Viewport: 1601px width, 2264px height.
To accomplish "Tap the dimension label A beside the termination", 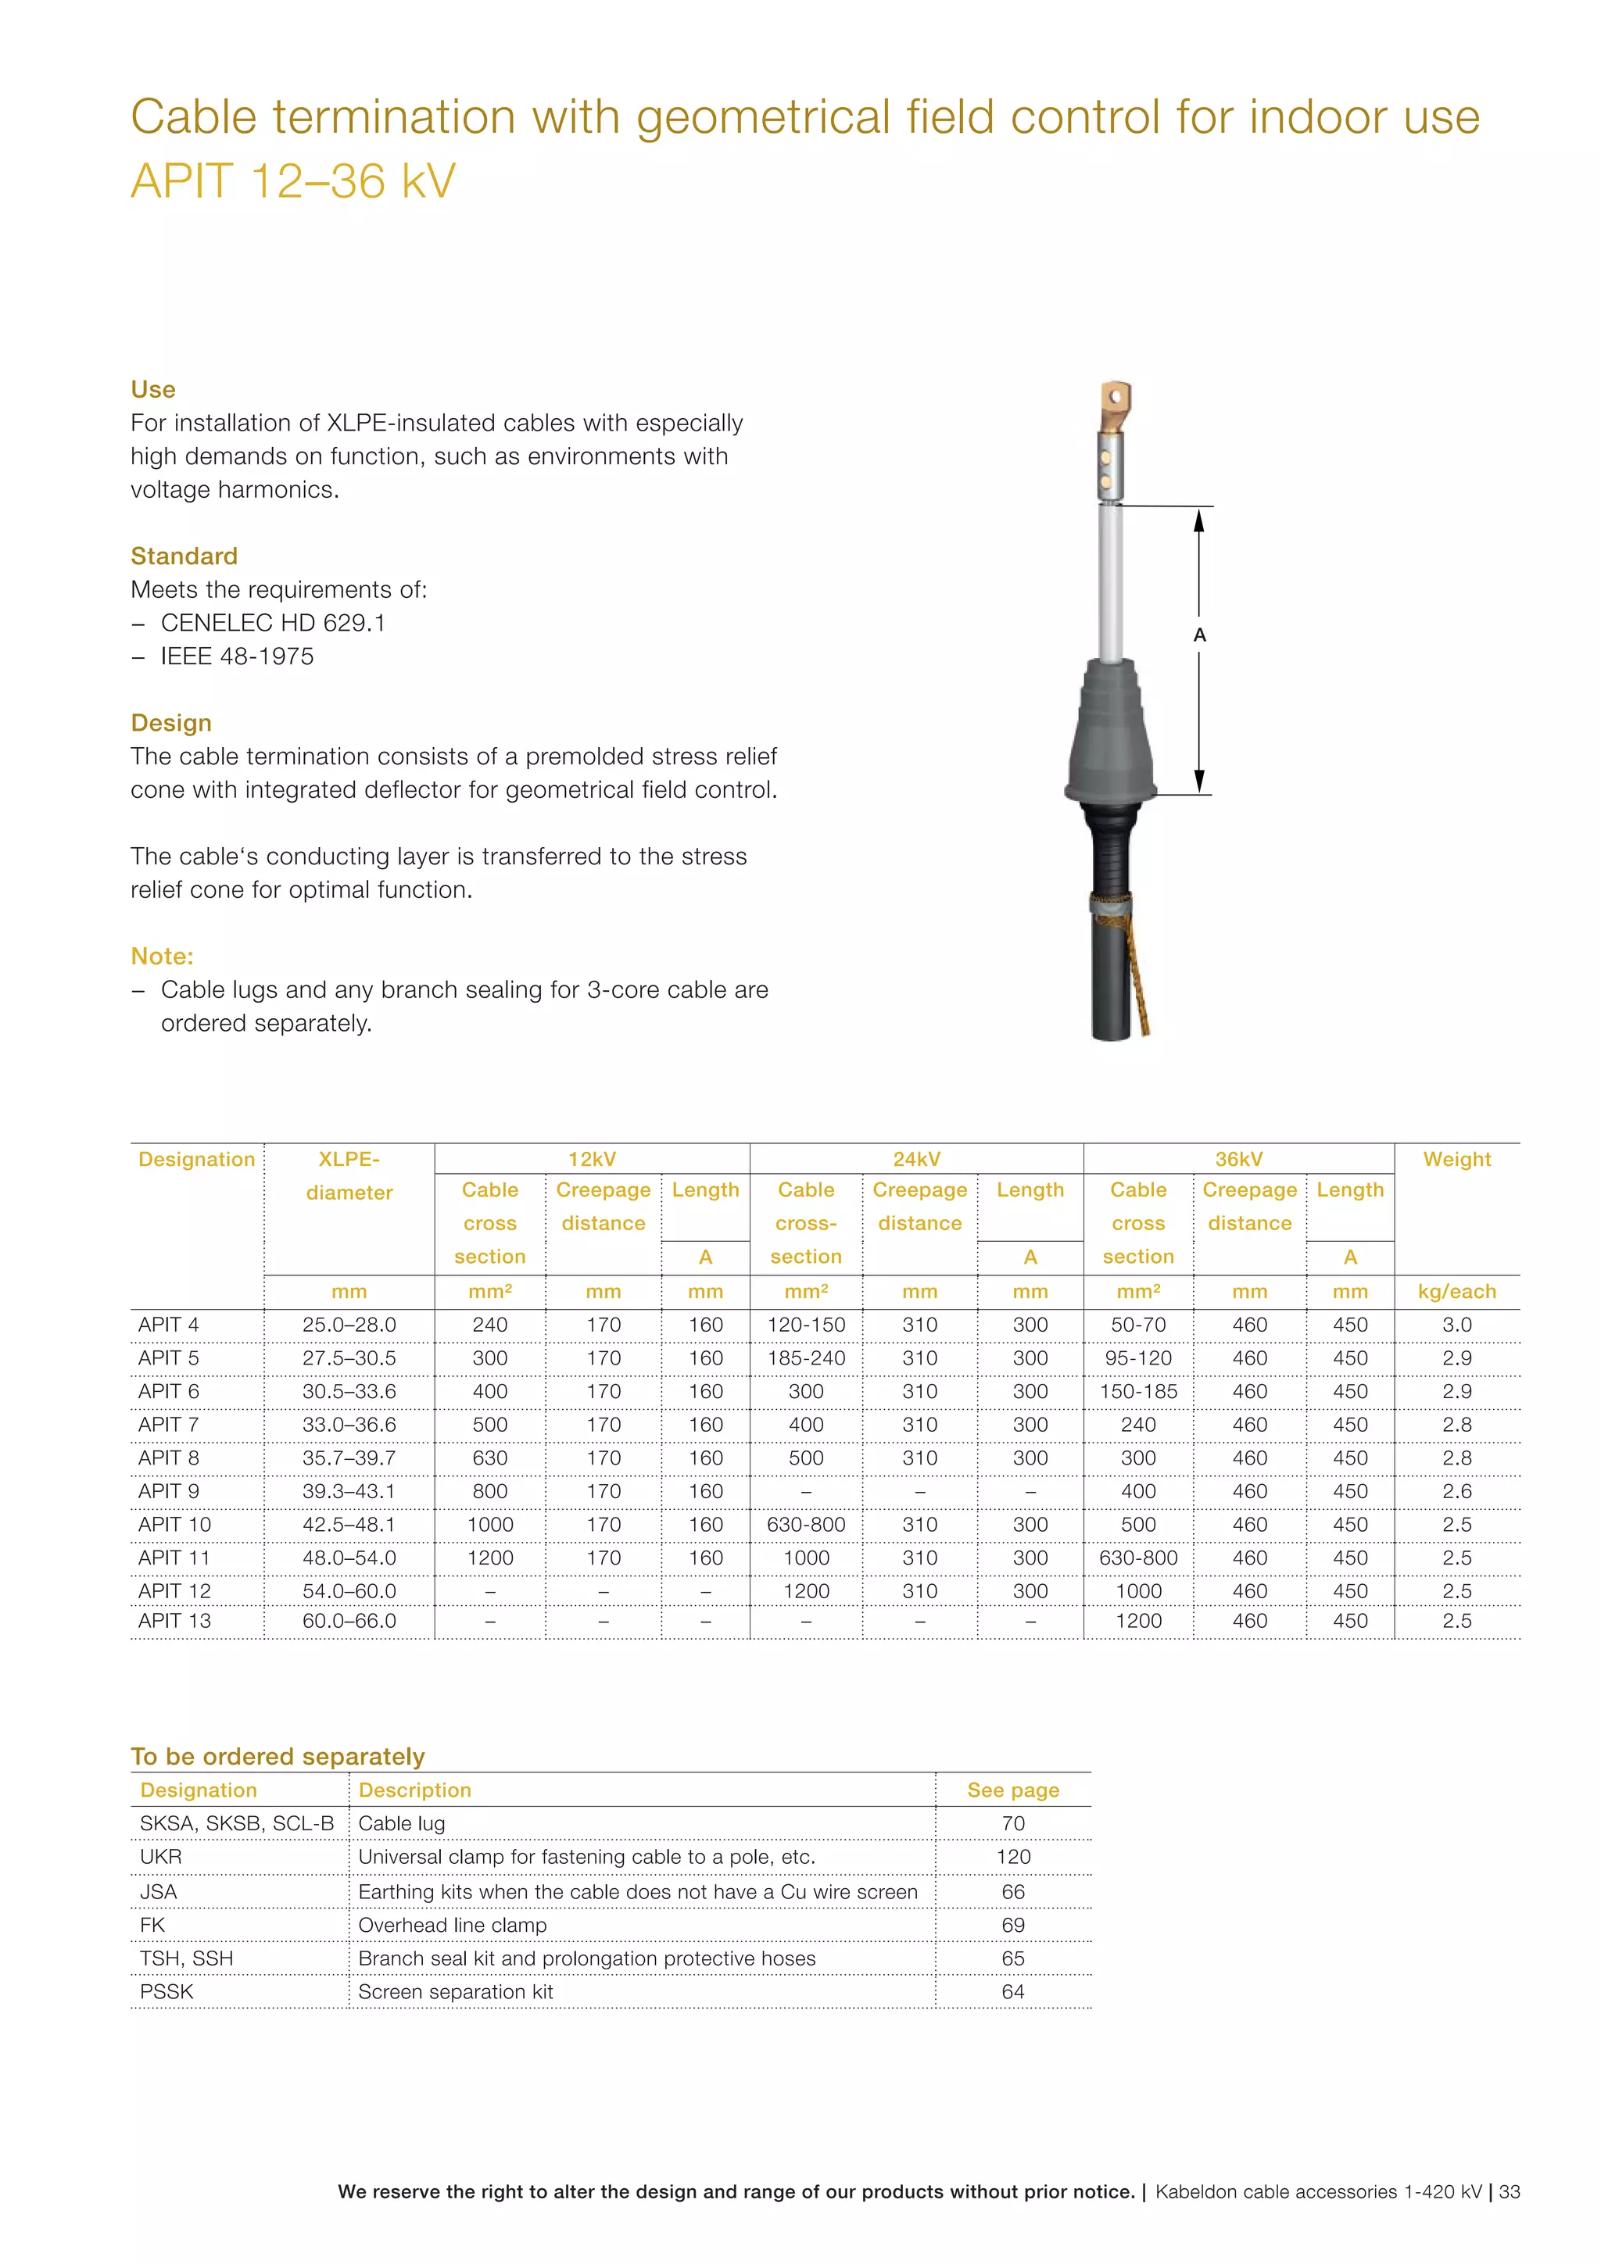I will tap(1198, 635).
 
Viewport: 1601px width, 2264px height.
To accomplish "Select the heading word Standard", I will tap(184, 556).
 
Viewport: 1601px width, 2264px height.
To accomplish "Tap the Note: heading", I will tap(162, 957).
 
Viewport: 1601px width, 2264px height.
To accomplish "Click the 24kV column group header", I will tap(916, 1159).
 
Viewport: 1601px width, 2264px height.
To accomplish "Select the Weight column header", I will tap(1456, 1160).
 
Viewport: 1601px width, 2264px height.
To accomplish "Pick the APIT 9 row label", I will tap(169, 1491).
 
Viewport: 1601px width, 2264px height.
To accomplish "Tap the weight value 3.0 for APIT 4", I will tap(1456, 1325).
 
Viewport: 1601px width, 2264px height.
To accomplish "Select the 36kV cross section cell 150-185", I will tap(1137, 1391).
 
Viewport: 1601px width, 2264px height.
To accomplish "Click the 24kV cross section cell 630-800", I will tap(806, 1525).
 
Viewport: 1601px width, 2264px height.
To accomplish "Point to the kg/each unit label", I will tap(1456, 1292).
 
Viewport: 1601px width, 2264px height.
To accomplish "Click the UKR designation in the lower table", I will tap(161, 1857).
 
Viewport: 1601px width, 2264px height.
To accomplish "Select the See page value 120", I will tap(1013, 1857).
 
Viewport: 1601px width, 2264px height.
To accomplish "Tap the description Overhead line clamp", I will tap(452, 1925).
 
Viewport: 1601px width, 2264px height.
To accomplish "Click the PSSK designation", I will tap(167, 1992).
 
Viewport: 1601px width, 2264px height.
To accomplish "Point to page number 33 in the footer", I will tap(1510, 2192).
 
